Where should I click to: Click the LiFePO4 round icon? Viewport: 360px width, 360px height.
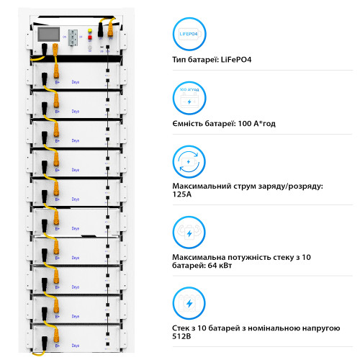pyautogui.click(x=189, y=35)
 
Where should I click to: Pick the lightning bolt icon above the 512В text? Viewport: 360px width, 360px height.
pyautogui.click(x=189, y=302)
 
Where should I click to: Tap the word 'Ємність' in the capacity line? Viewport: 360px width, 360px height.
pyautogui.click(x=188, y=123)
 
